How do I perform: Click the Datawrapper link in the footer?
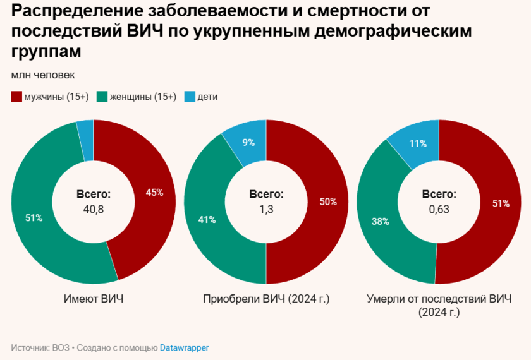pyautogui.click(x=184, y=347)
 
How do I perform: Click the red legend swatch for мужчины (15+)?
pyautogui.click(x=16, y=97)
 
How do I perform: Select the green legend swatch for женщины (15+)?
pyautogui.click(x=102, y=97)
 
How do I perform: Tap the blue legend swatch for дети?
pyautogui.click(x=190, y=97)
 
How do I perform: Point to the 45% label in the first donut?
pyautogui.click(x=154, y=193)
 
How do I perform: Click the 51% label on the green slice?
pyautogui.click(x=34, y=218)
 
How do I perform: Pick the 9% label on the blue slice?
pyautogui.click(x=248, y=142)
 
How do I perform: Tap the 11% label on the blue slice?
pyautogui.click(x=418, y=143)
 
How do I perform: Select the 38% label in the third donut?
pyautogui.click(x=381, y=222)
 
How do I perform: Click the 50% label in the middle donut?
pyautogui.click(x=328, y=202)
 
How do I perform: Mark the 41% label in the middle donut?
pyautogui.click(x=207, y=220)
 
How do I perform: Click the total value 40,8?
pyautogui.click(x=94, y=209)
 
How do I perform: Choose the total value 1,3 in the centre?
pyautogui.click(x=266, y=209)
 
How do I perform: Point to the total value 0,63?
pyautogui.click(x=439, y=209)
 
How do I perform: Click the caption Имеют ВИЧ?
pyautogui.click(x=94, y=299)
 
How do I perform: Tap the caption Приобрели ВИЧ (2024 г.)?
pyautogui.click(x=266, y=299)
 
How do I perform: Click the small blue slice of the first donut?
pyautogui.click(x=85, y=131)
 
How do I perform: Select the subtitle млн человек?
pyautogui.click(x=43, y=75)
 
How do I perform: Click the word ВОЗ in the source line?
pyautogui.click(x=60, y=347)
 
